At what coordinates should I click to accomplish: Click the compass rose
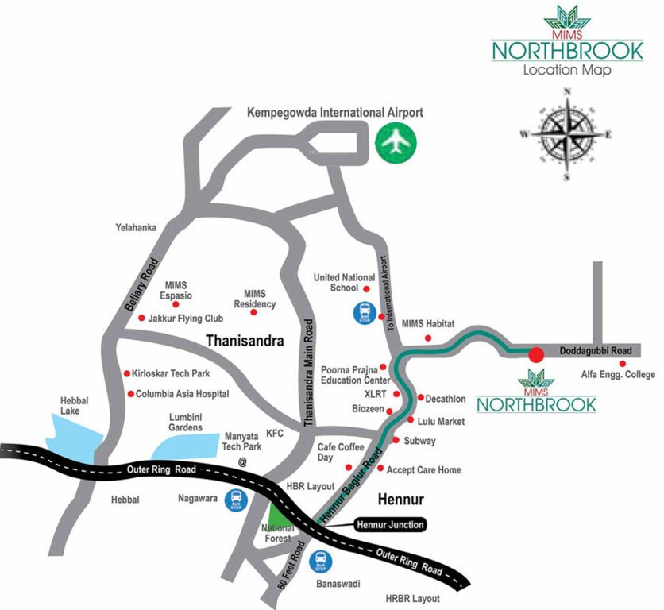[566, 134]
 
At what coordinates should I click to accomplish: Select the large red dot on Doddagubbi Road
[536, 354]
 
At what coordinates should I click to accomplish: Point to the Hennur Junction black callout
[388, 524]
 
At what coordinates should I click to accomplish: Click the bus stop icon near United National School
[361, 312]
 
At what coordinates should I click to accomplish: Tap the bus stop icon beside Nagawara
[237, 500]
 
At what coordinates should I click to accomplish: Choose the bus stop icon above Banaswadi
[322, 561]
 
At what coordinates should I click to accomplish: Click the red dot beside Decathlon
[420, 397]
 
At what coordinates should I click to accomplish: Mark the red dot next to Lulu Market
[411, 419]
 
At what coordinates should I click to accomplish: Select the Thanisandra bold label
[245, 341]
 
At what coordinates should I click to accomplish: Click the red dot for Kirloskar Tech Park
[126, 373]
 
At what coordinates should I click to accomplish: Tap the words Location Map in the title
[567, 70]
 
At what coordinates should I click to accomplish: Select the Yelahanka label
[136, 228]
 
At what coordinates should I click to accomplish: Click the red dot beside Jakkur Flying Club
[141, 319]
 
